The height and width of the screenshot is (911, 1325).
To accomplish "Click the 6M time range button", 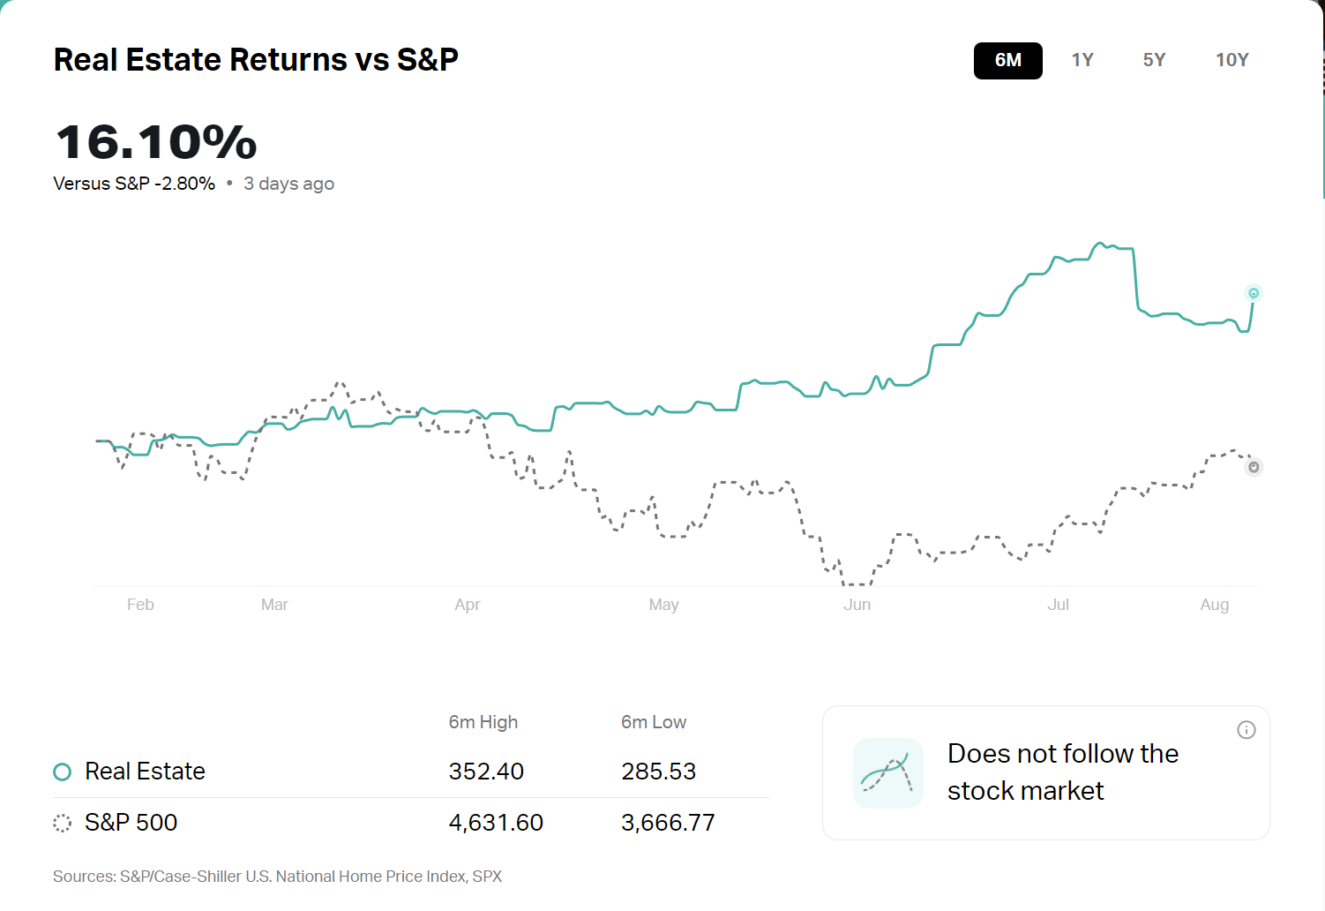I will click(x=1007, y=61).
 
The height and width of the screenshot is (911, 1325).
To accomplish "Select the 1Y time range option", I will click(x=1082, y=61).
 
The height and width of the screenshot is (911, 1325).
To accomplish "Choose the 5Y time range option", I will click(x=1154, y=61).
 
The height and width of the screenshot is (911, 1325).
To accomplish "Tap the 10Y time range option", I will click(x=1231, y=61).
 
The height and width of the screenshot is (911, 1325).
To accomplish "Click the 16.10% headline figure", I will click(x=156, y=142).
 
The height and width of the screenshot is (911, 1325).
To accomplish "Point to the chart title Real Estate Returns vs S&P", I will click(x=256, y=60).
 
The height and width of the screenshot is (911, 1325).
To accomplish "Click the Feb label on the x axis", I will click(x=140, y=605).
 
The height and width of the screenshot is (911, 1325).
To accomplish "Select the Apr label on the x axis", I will click(x=468, y=605).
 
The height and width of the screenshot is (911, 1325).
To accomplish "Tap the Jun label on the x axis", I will click(x=857, y=605).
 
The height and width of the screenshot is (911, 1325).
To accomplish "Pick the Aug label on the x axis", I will click(x=1214, y=605).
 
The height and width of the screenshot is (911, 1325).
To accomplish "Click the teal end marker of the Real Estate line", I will click(x=1254, y=293).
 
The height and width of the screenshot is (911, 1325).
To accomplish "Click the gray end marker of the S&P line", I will click(x=1254, y=467).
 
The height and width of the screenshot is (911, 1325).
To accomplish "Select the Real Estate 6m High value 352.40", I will click(x=486, y=772).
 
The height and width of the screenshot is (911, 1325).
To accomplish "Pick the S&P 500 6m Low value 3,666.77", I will click(x=668, y=823).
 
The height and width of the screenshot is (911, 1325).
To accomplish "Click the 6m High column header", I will click(x=483, y=722).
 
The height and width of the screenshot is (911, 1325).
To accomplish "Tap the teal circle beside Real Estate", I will click(x=62, y=772).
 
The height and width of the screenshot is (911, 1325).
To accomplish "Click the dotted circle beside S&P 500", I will click(x=62, y=824).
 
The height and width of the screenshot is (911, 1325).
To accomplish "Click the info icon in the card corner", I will click(x=1246, y=730).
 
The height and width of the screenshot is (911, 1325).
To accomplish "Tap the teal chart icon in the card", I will click(x=887, y=773).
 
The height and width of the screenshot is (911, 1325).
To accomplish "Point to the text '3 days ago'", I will click(x=288, y=184).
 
